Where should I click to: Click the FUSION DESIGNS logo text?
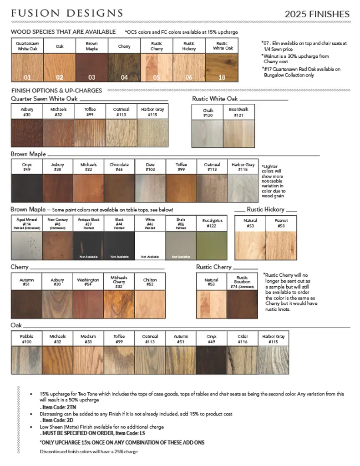(x=67, y=13)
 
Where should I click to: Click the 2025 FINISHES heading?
(x=317, y=14)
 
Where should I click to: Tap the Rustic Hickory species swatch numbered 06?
(x=189, y=68)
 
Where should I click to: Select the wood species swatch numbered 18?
(x=222, y=68)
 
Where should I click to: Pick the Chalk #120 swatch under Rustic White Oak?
(x=208, y=133)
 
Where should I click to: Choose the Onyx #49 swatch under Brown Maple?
(x=26, y=187)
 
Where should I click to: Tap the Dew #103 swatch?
(x=150, y=187)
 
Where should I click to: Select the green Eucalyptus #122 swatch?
(x=212, y=245)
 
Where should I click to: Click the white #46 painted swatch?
(x=150, y=245)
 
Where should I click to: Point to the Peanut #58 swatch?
(x=281, y=245)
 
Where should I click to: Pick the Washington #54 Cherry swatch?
(x=88, y=304)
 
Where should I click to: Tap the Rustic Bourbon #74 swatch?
(x=242, y=304)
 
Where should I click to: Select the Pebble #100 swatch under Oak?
(x=26, y=360)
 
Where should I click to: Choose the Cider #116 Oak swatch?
(x=243, y=360)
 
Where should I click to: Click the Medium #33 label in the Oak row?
(x=88, y=339)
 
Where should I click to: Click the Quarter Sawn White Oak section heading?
(x=44, y=98)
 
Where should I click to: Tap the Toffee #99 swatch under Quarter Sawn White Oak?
(x=90, y=133)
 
